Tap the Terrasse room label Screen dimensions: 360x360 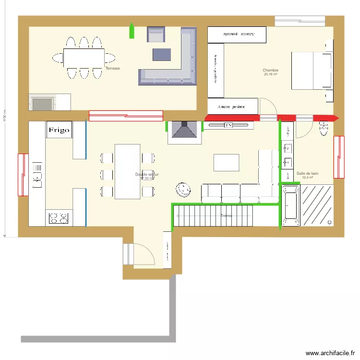point(113,69)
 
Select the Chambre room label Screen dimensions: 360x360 point(270,71)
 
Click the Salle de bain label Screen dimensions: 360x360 point(307,174)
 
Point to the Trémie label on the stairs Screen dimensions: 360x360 point(226,216)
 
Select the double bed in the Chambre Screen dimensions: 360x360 point(311,71)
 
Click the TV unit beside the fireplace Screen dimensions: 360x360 point(228,125)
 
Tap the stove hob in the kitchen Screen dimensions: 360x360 point(59,218)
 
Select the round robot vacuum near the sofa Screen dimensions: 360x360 point(182,189)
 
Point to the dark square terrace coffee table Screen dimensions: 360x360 point(162,54)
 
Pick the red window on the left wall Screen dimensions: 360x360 point(22,175)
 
